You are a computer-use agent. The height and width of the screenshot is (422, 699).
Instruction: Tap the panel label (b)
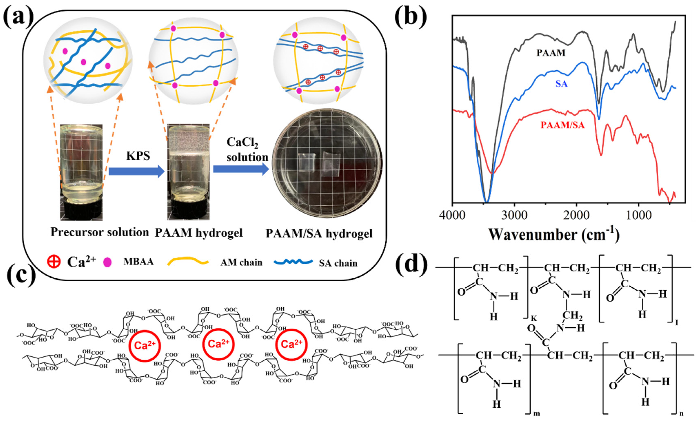[x=411, y=18]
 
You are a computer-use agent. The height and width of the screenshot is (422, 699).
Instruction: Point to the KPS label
[x=138, y=156]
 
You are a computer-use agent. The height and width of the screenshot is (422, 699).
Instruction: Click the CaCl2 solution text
[x=247, y=150]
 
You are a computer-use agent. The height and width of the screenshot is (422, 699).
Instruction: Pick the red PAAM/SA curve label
[x=562, y=125]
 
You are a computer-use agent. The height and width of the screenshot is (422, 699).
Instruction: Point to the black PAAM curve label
[x=551, y=53]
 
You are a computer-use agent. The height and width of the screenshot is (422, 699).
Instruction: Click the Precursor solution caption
[x=99, y=232]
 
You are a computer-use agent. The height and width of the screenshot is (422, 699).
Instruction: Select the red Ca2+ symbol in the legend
[x=54, y=262]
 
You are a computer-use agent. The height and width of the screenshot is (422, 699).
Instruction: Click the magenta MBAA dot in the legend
[x=108, y=262]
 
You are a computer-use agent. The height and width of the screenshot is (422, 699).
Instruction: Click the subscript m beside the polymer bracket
[x=536, y=413]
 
